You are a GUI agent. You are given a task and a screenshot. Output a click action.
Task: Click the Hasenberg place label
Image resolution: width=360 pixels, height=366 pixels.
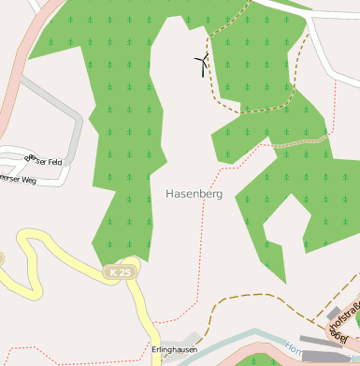point(194,194)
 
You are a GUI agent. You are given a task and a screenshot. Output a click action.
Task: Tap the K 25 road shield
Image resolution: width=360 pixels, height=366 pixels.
point(119,271)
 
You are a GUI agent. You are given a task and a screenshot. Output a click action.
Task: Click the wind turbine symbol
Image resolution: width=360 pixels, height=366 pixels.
point(202,65)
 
